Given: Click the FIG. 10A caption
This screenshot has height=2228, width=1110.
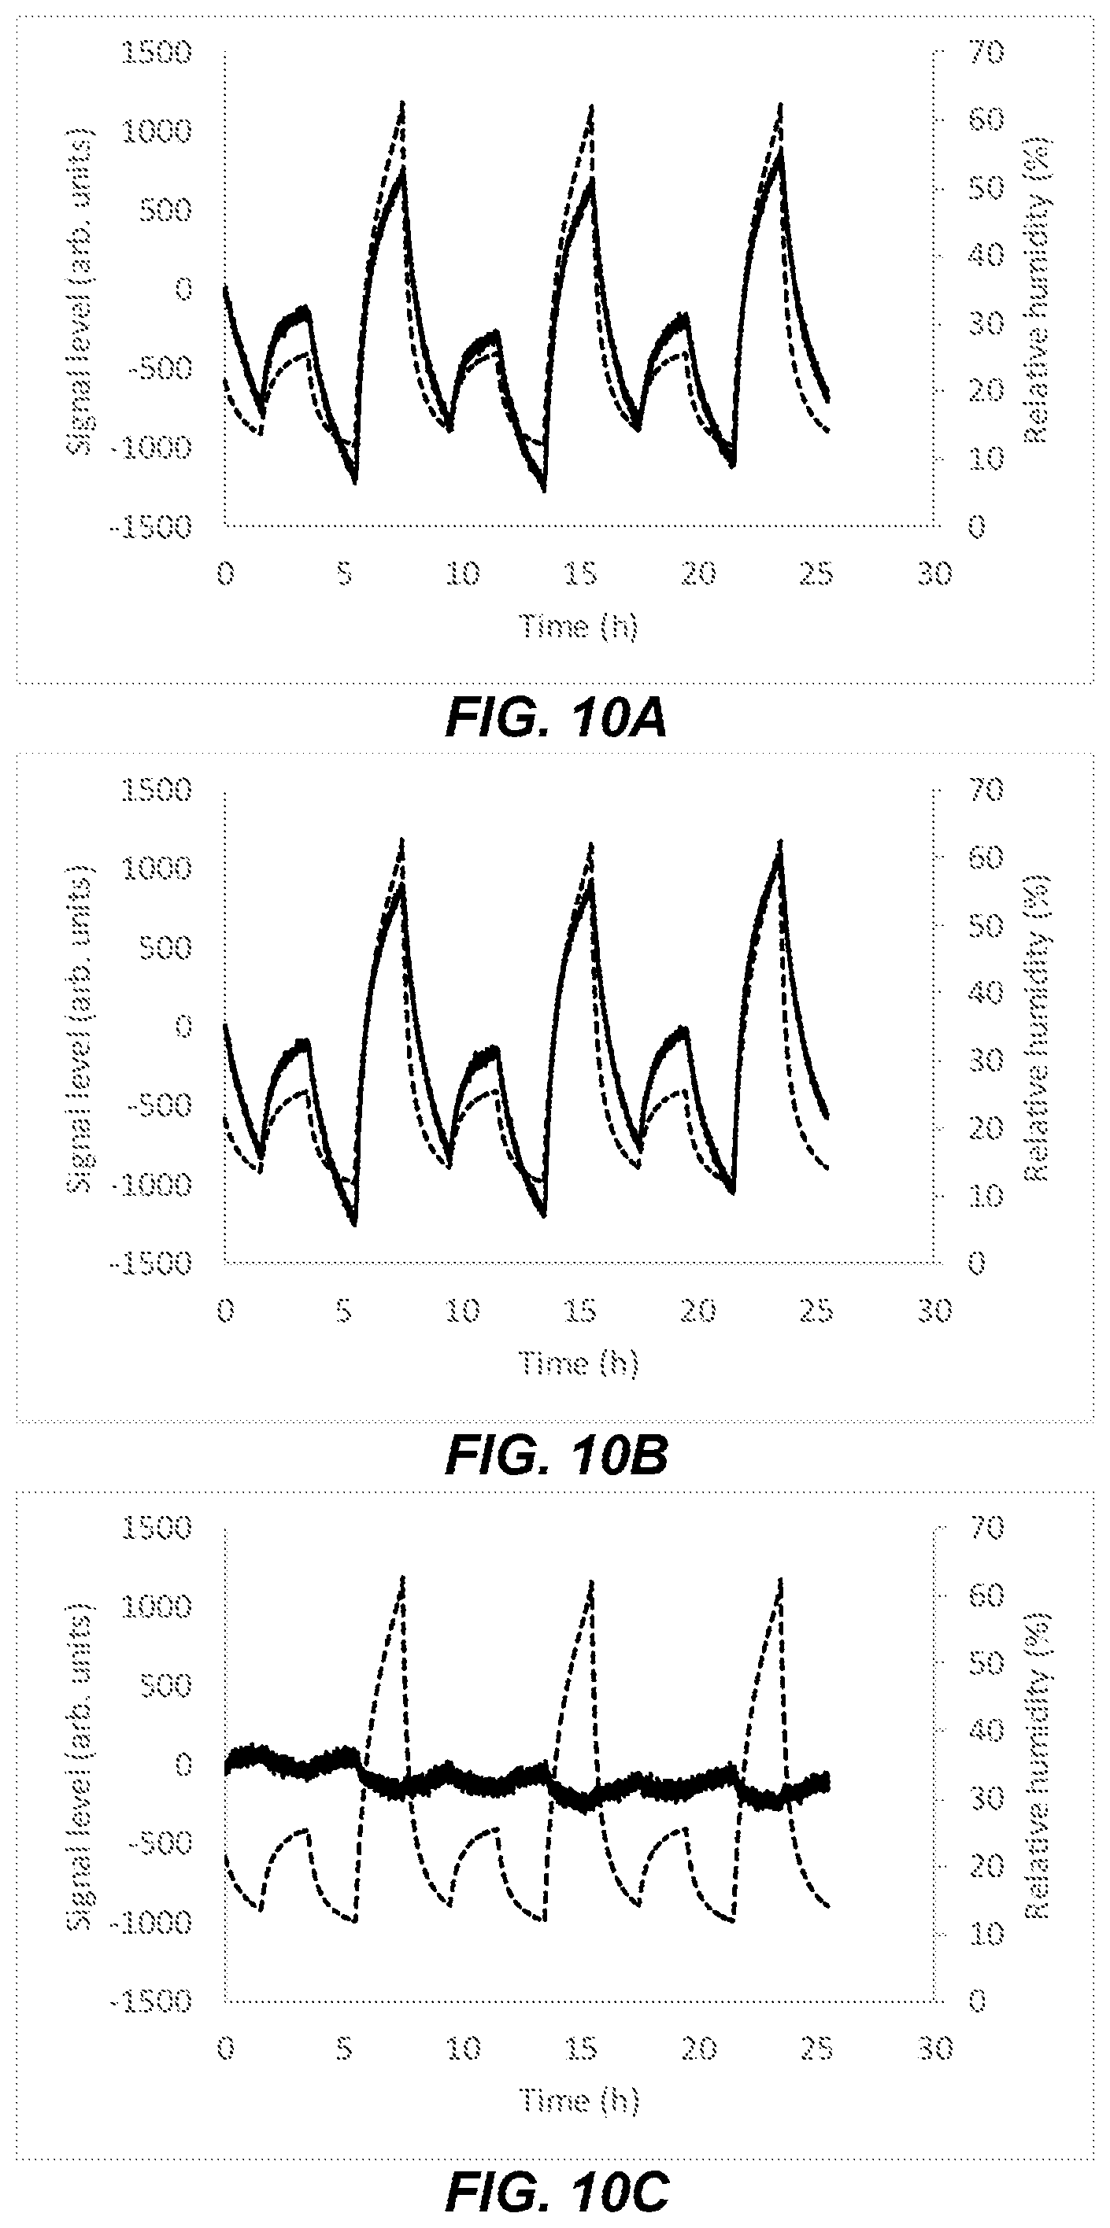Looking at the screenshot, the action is [x=556, y=720].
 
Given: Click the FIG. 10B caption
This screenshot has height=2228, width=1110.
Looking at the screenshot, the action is [x=556, y=1456].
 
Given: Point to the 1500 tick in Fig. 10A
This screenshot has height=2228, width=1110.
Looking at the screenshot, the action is [x=156, y=53].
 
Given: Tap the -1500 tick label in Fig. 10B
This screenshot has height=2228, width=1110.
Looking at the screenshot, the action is [x=150, y=1263].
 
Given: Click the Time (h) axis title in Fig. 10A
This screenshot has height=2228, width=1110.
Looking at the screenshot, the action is [x=578, y=625].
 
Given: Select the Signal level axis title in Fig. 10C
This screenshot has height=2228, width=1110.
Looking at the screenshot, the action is [x=80, y=1764].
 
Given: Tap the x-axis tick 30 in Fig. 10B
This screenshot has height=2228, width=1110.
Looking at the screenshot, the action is [x=934, y=1311].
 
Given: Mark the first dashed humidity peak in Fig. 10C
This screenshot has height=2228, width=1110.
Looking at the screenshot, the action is [x=402, y=1576].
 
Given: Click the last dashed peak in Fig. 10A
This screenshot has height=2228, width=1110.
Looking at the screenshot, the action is [x=780, y=104].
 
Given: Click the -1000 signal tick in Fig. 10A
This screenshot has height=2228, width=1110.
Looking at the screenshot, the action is [x=150, y=447].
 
